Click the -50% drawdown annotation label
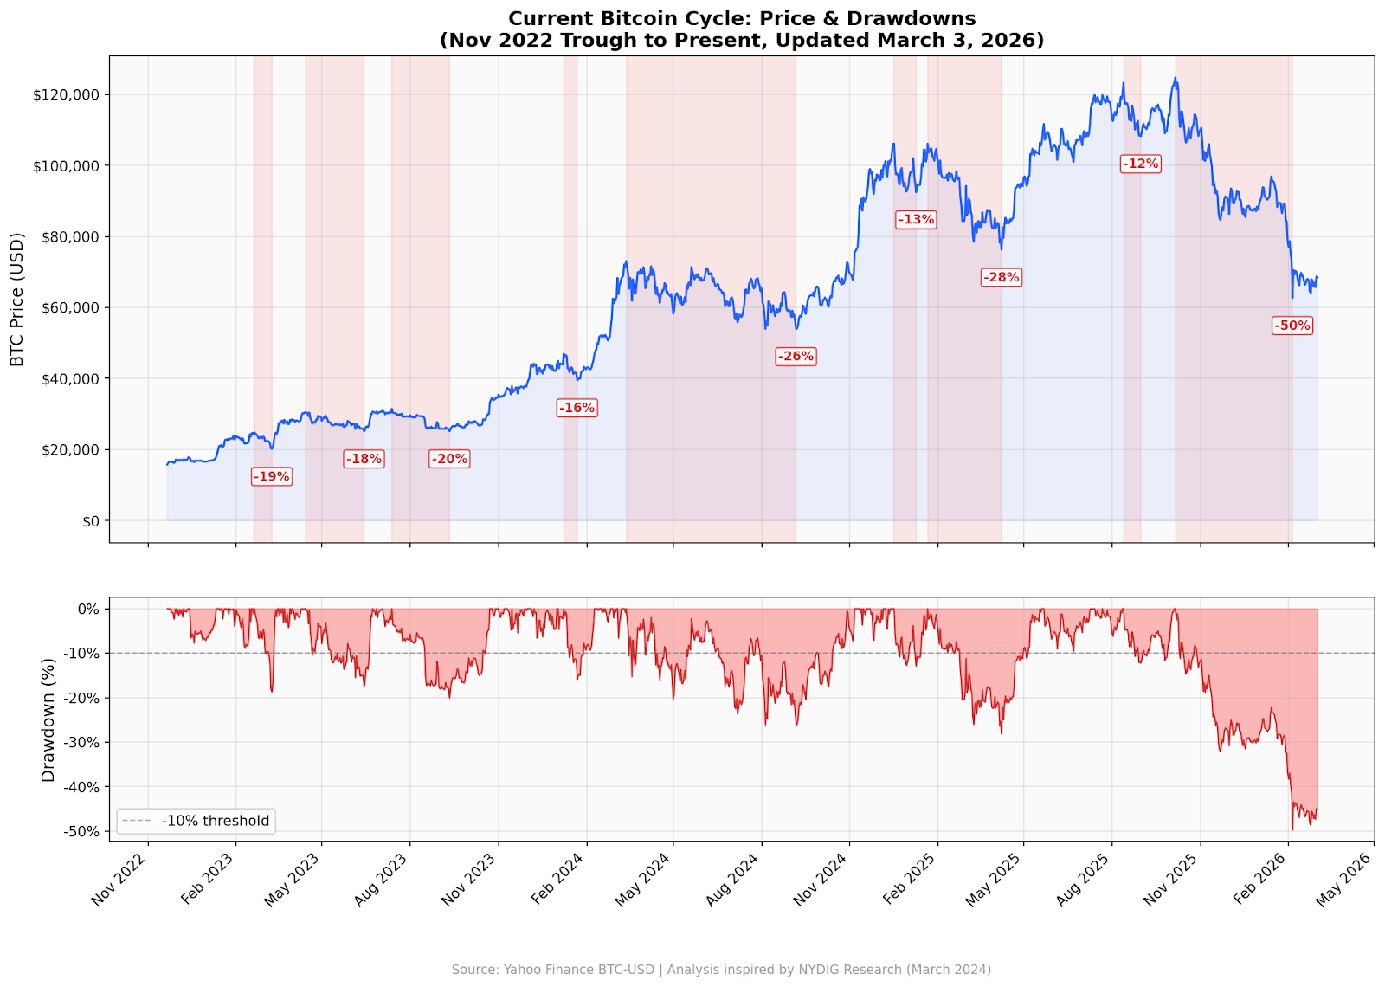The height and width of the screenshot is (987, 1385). [x=1292, y=326]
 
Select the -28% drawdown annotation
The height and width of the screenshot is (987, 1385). [x=1001, y=277]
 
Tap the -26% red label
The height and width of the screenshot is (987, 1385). [x=796, y=356]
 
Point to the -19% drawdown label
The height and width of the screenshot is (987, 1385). [x=271, y=476]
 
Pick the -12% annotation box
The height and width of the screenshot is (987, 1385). [x=1140, y=164]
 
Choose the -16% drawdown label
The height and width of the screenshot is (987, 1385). [x=577, y=408]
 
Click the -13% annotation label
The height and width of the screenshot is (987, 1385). [x=915, y=219]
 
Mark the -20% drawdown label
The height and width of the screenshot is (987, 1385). [x=449, y=459]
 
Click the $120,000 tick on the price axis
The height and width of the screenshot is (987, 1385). [x=66, y=94]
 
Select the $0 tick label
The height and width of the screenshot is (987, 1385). [x=90, y=521]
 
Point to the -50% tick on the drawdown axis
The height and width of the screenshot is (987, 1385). [x=82, y=831]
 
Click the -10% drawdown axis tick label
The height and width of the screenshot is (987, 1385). [x=82, y=654]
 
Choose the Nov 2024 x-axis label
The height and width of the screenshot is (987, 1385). [x=820, y=879]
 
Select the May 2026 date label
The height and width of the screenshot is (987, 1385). [x=1343, y=879]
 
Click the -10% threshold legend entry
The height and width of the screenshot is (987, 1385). [x=196, y=821]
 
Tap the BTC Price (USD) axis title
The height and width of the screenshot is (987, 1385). [x=17, y=300]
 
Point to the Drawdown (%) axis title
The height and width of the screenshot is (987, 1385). [x=48, y=719]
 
